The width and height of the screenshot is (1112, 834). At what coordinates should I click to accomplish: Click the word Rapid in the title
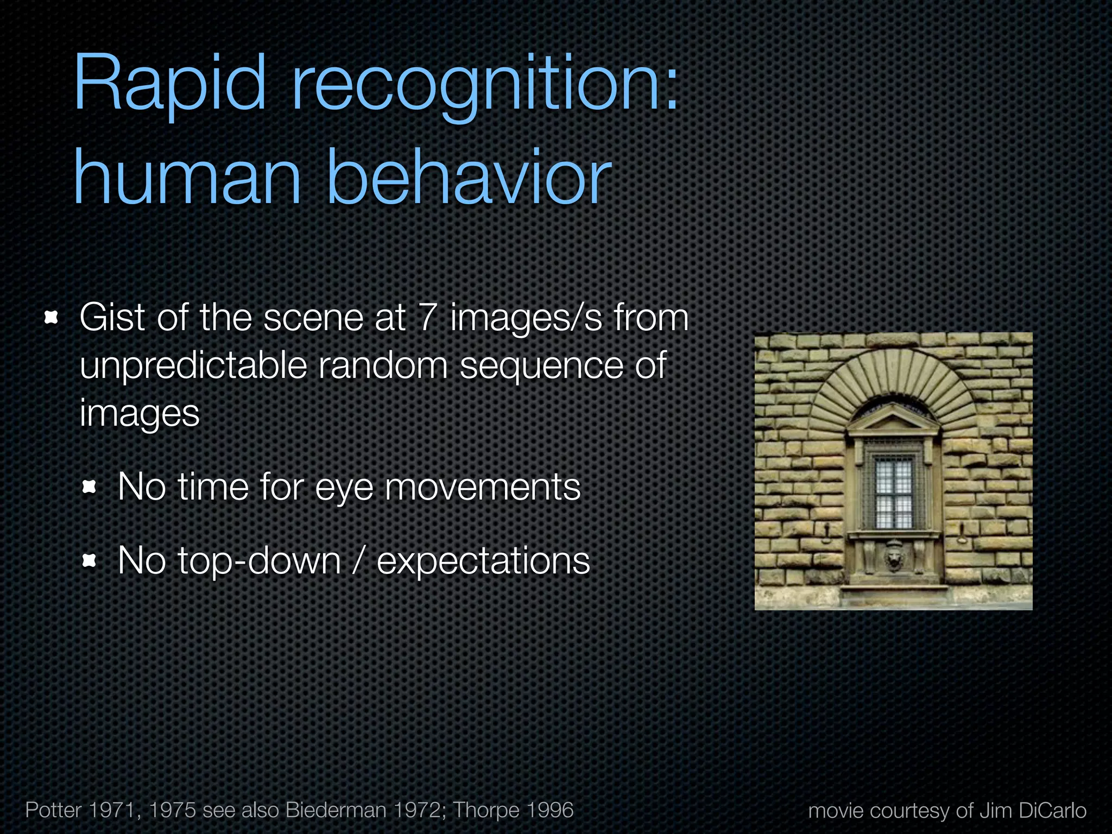click(169, 84)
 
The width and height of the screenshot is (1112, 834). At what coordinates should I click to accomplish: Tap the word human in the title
click(187, 178)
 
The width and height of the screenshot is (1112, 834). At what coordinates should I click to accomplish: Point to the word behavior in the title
click(469, 178)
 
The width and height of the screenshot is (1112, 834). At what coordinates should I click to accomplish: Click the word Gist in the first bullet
click(112, 317)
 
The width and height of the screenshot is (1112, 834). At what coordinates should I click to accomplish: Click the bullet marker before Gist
click(51, 318)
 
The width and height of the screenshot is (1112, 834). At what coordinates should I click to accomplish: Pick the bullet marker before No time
click(89, 487)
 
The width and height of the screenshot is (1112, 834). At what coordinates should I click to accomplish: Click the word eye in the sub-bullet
click(344, 488)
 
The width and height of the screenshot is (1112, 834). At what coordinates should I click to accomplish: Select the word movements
click(483, 487)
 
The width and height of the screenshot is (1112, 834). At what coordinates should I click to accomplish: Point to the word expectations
click(483, 561)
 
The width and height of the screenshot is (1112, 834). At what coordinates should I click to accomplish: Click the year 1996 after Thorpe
click(549, 810)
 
